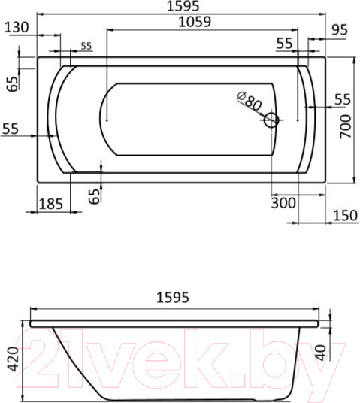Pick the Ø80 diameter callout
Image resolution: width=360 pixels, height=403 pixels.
(249, 102)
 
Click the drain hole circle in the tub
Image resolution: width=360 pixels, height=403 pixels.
(272, 119)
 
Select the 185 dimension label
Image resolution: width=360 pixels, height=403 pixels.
(51, 203)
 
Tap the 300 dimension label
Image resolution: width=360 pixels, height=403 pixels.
(283, 203)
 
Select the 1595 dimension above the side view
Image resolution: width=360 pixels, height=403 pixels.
(175, 298)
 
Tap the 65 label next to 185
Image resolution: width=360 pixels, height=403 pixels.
(93, 195)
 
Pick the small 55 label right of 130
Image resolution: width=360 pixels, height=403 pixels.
(86, 47)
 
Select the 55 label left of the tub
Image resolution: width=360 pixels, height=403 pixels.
(11, 129)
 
